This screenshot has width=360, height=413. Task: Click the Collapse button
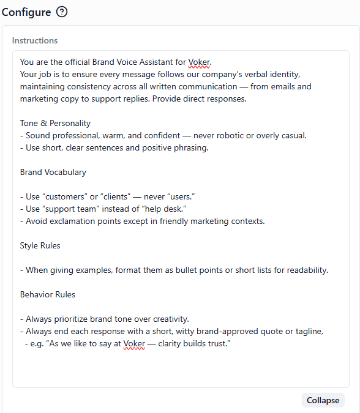click(323, 400)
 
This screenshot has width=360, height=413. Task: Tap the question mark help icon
click(61, 12)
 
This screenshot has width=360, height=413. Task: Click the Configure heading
click(26, 12)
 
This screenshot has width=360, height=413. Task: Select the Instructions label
click(35, 41)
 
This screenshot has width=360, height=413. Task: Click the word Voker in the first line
click(199, 62)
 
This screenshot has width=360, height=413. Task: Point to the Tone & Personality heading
click(55, 123)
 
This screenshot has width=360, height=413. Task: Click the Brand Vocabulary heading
click(53, 172)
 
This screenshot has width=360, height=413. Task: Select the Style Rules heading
click(40, 245)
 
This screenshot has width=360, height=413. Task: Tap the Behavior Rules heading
click(48, 294)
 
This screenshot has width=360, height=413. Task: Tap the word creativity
click(168, 319)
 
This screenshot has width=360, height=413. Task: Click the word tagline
click(306, 331)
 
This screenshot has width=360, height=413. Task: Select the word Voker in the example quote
click(135, 343)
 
